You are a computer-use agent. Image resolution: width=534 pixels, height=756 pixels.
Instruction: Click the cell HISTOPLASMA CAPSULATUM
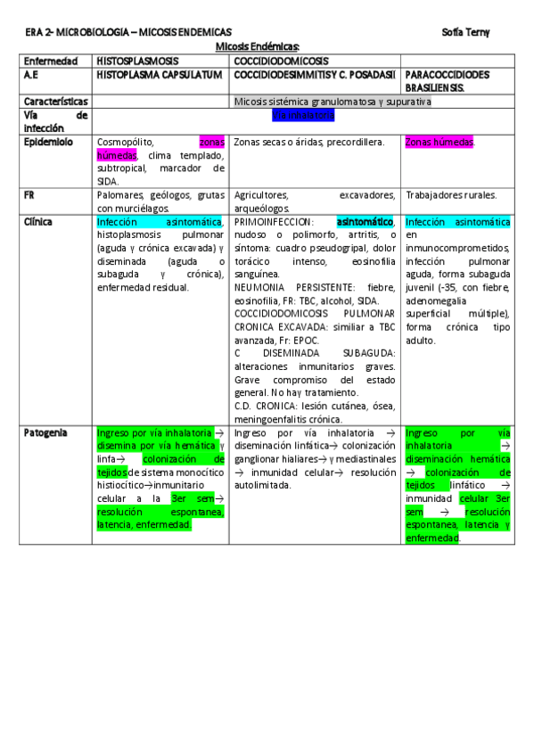159,75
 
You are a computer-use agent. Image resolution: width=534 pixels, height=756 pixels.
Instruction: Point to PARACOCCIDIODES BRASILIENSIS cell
446,82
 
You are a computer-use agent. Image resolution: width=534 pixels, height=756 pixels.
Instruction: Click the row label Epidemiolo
48,142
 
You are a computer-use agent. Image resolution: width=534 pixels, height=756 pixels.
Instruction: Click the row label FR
29,194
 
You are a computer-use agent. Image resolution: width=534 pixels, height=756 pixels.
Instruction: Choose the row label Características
55,102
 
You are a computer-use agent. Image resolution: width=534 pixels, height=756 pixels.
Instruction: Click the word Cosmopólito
125,142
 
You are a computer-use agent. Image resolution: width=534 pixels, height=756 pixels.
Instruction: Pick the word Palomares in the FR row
121,194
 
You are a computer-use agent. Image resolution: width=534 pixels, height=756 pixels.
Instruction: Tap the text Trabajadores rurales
451,194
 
